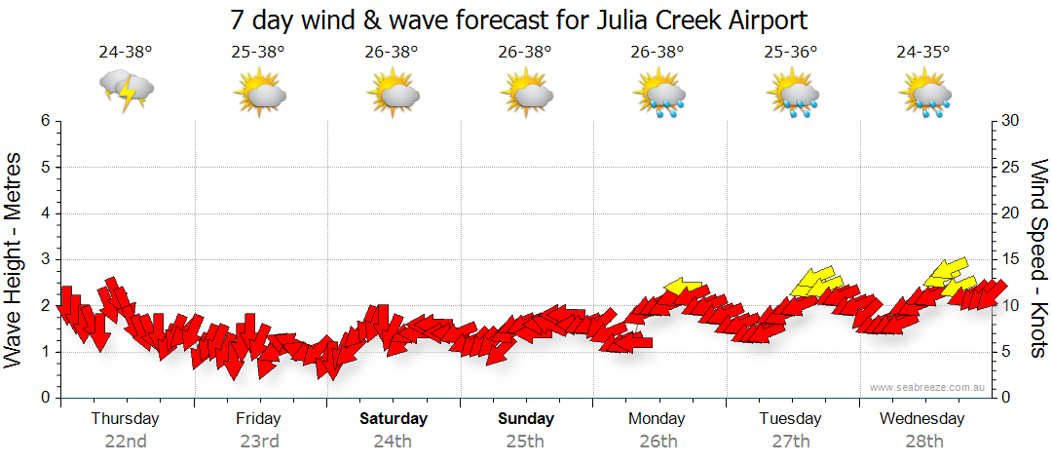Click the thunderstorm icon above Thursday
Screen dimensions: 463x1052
[127, 91]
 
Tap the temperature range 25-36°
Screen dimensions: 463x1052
[791, 53]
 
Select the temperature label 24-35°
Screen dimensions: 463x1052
[923, 53]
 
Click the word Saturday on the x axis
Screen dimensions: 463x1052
[394, 419]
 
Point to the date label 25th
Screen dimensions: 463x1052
[525, 441]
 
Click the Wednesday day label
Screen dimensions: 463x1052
[921, 419]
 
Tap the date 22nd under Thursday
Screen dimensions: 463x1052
[126, 441]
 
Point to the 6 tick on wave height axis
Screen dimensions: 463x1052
[45, 121]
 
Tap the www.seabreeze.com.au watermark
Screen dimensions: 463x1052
[928, 387]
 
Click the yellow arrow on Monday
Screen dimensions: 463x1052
[686, 287]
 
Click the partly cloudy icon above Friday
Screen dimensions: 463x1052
[259, 94]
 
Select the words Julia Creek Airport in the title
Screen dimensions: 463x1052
[695, 19]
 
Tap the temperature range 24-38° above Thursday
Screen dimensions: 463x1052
[126, 53]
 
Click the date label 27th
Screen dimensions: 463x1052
[791, 441]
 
